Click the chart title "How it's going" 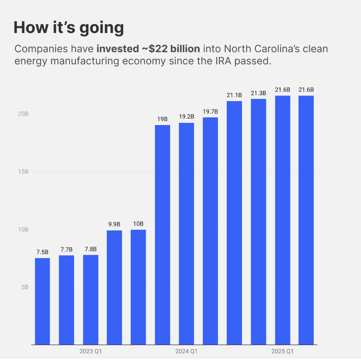coord(69,28)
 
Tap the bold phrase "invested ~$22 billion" coord(148,49)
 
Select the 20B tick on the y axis coord(23,114)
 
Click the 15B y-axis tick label coord(23,172)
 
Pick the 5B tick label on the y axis coord(25,287)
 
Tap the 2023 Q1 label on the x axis coord(90,351)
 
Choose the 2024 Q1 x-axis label coord(186,351)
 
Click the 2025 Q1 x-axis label coord(282,351)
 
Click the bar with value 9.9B coord(114,287)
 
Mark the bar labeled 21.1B coord(234,223)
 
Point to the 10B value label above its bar coord(138,224)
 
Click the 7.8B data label coord(90,249)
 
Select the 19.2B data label coord(186,117)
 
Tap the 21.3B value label coord(258,93)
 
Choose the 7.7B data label coord(67,249)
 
